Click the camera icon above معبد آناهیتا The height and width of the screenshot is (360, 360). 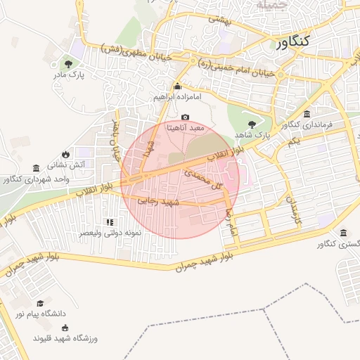coord(185,117)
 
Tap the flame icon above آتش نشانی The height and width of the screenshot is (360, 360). coord(65,154)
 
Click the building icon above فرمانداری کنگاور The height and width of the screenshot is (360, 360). coord(307,114)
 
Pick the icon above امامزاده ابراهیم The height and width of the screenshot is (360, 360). coord(177,87)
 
